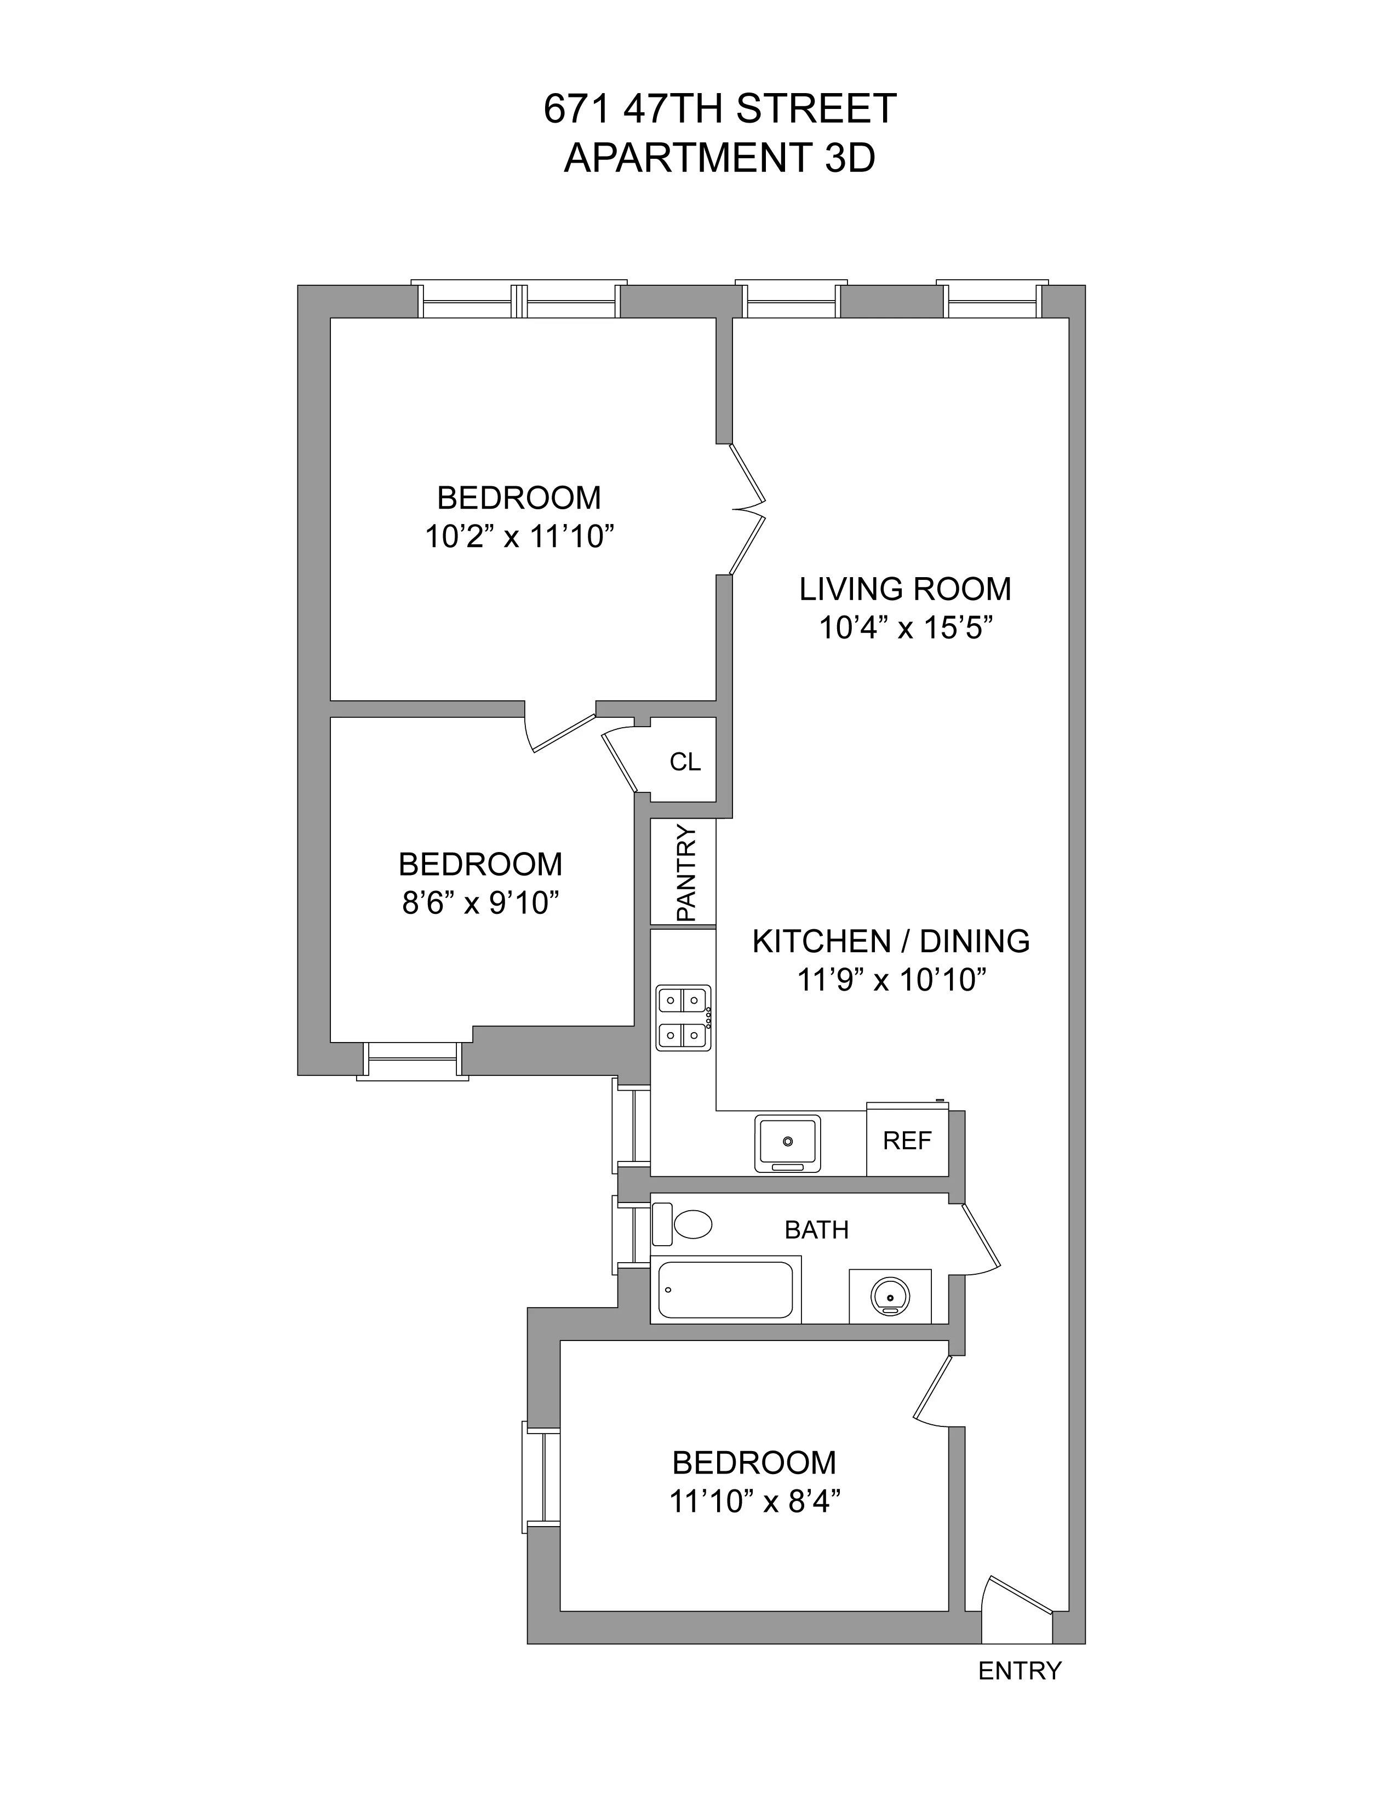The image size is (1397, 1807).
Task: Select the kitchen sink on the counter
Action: [787, 1143]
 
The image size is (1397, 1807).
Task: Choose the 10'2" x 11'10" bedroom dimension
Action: [519, 537]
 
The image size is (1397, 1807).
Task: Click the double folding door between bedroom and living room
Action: [747, 510]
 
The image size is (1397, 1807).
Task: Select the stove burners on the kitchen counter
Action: [683, 1018]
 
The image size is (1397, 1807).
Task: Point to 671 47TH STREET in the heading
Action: [719, 108]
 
